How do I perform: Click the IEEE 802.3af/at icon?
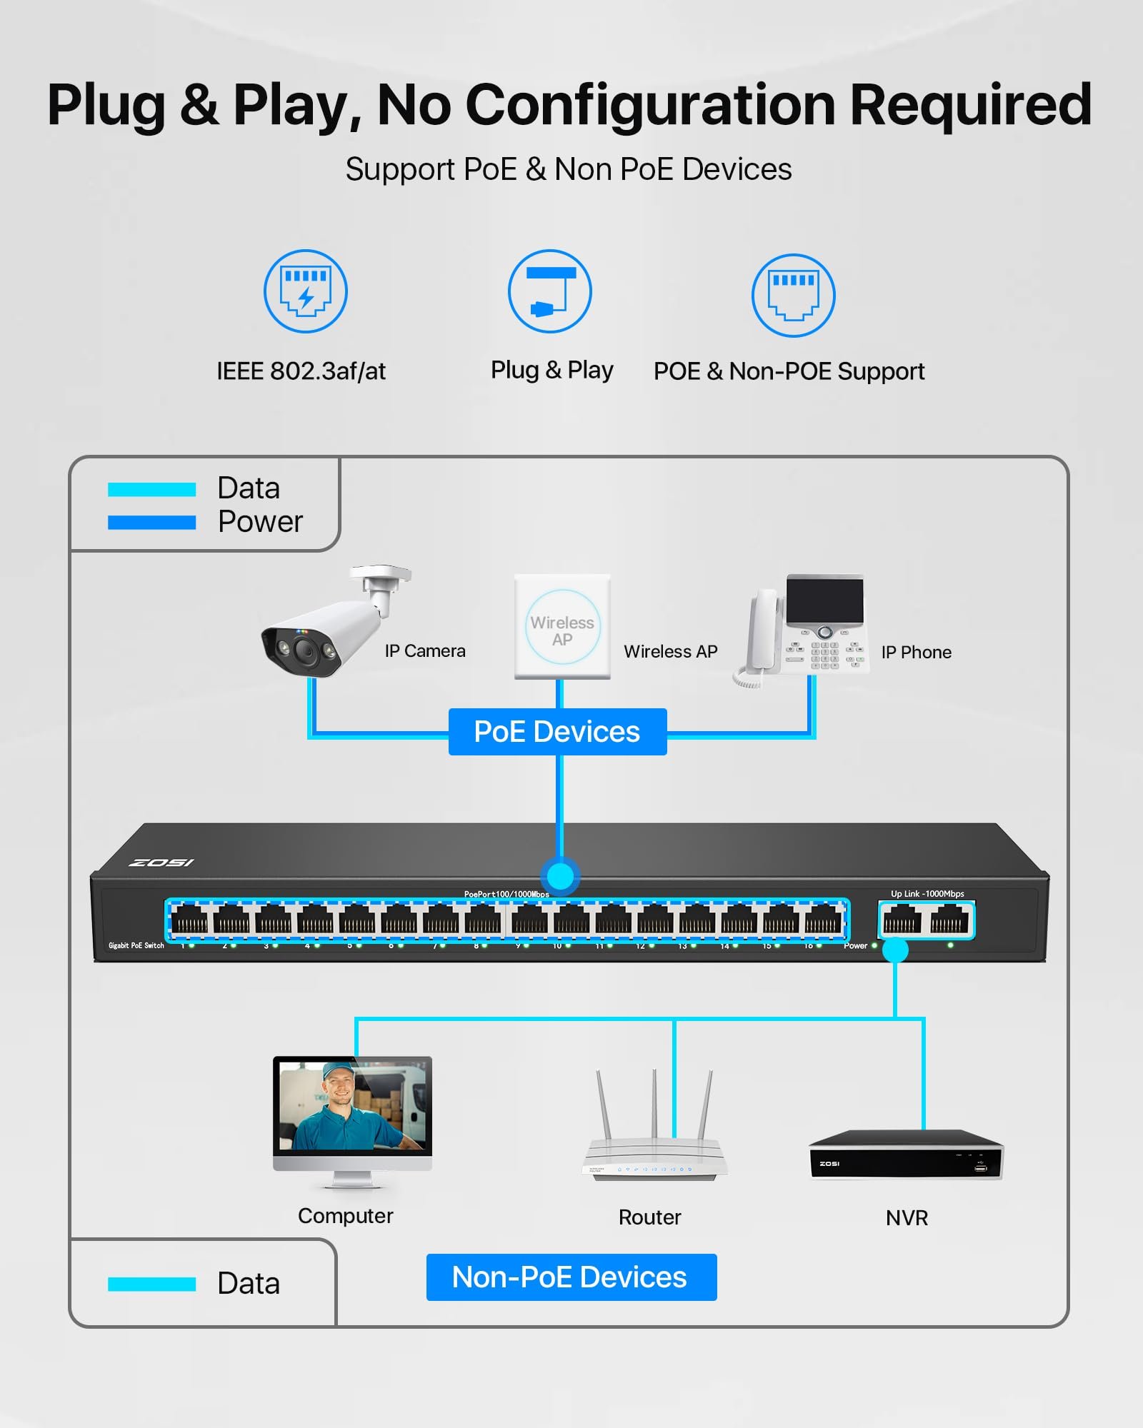[306, 291]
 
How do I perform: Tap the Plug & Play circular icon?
[549, 291]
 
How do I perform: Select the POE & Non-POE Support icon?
[793, 295]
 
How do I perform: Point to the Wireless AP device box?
[562, 627]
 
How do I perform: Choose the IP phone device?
[804, 628]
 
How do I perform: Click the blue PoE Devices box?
[557, 732]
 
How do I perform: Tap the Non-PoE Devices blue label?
[571, 1277]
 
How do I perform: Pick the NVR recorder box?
[906, 1155]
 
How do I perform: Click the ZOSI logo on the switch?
[161, 863]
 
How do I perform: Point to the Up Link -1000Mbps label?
[927, 894]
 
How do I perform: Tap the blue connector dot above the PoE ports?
[560, 876]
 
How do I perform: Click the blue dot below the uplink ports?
[895, 950]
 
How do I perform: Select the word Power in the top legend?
[260, 522]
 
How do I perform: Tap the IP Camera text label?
[425, 651]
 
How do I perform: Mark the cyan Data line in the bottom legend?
[151, 1284]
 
